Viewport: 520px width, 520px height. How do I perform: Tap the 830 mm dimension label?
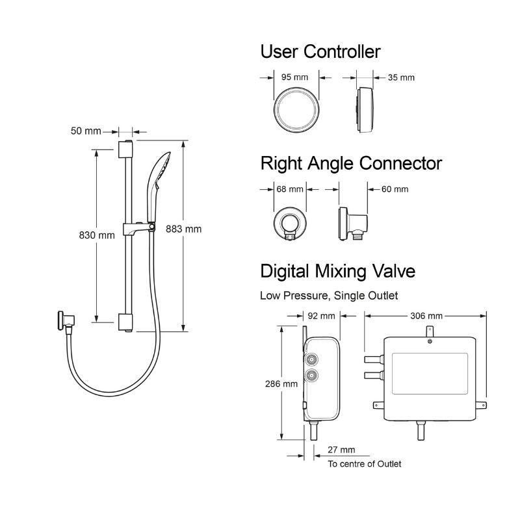pos(96,235)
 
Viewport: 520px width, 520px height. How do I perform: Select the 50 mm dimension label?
pos(86,131)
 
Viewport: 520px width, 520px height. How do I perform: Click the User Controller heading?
pos(320,51)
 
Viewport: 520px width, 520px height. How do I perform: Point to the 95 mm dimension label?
pos(294,77)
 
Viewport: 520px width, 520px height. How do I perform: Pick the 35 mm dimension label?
pos(401,78)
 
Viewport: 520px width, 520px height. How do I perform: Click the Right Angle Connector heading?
pos(351,163)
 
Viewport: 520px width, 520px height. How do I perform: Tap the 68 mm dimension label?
pos(290,189)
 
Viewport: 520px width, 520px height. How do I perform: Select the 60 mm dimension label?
pos(395,189)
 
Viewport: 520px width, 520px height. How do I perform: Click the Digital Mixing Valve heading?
pos(337,270)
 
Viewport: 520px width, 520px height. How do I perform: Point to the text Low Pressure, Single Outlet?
pos(329,296)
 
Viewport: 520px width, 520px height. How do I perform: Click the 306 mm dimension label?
pos(426,316)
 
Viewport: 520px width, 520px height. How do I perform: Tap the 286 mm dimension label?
pos(282,383)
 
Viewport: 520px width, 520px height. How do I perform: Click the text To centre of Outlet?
pos(364,464)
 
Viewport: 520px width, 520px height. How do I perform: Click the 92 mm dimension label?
pos(321,316)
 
